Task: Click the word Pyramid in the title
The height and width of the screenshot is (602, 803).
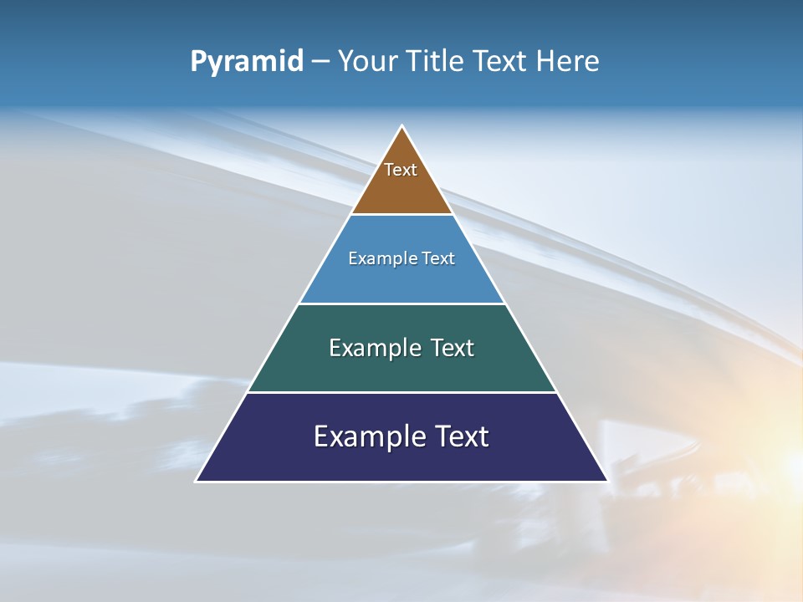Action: [x=247, y=62]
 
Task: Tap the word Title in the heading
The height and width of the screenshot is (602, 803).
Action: [x=435, y=62]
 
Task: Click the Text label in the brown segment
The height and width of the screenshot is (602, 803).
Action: [x=401, y=170]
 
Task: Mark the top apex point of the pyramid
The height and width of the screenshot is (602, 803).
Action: [x=402, y=126]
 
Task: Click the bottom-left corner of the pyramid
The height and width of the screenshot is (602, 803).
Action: [x=197, y=481]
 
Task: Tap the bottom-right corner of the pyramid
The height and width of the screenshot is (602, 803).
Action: [x=607, y=481]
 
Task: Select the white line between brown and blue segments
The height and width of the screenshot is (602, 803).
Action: [x=401, y=215]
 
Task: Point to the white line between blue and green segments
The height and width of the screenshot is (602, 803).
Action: [x=401, y=304]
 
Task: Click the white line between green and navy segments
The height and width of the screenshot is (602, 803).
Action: [x=401, y=392]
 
